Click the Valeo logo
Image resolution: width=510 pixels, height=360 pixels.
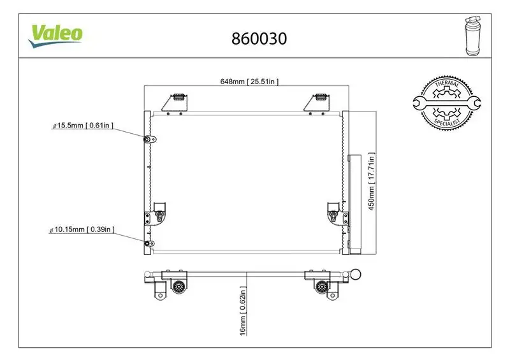pyautogui.click(x=55, y=34)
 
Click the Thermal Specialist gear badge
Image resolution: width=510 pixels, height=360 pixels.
pyautogui.click(x=446, y=102)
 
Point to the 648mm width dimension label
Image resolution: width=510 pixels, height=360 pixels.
pyautogui.click(x=249, y=82)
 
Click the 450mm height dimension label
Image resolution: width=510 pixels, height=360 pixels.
pyautogui.click(x=372, y=181)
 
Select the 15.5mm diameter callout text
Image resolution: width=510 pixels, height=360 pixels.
pyautogui.click(x=83, y=126)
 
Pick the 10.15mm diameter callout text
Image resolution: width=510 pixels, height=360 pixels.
pyautogui.click(x=82, y=229)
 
